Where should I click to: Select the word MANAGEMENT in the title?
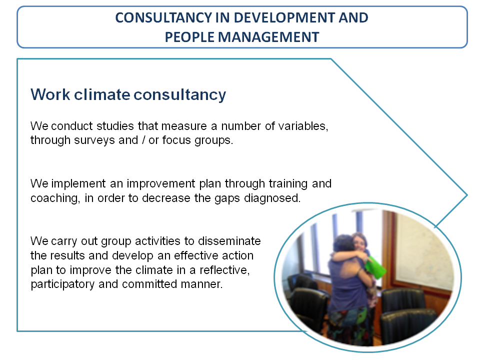point(268,37)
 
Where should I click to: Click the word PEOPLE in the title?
point(189,37)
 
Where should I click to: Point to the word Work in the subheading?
point(50,94)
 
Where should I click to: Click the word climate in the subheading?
point(102,94)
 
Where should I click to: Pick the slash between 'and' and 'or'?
point(143,140)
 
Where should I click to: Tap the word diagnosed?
point(272,198)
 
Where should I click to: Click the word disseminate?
point(229,241)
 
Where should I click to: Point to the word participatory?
point(63,284)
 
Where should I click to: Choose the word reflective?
point(224,270)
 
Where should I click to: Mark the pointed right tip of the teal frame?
point(467,195)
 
